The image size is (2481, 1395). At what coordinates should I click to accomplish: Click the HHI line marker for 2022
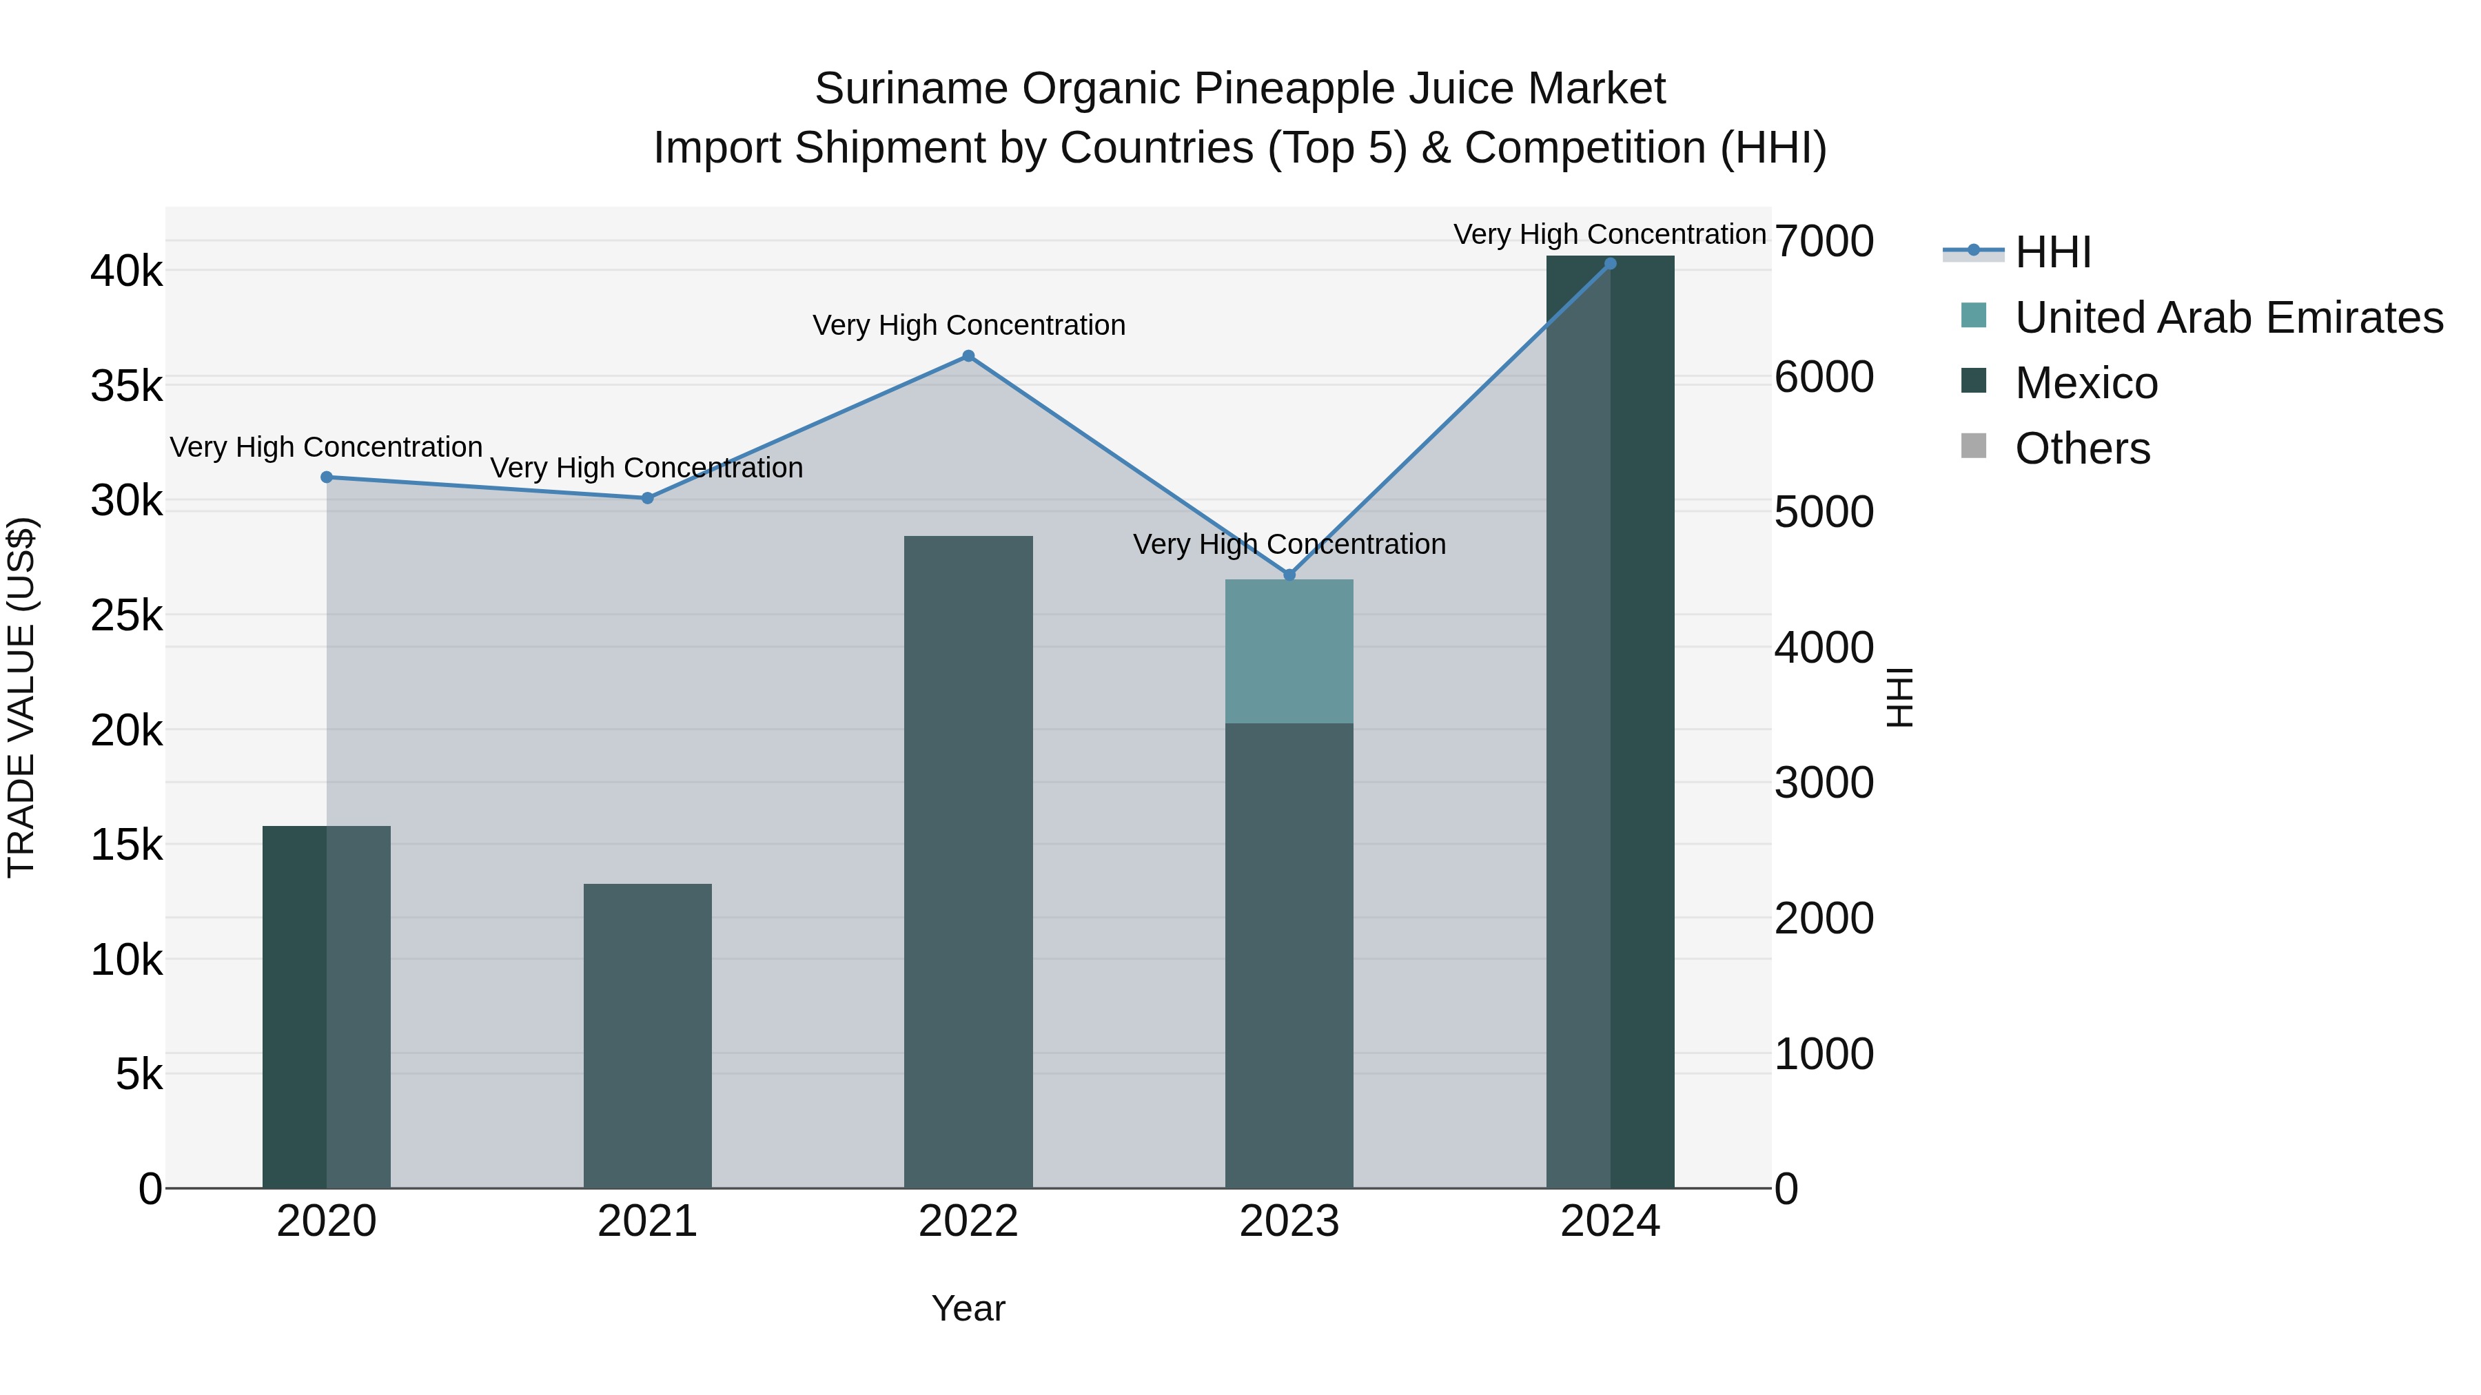pos(968,356)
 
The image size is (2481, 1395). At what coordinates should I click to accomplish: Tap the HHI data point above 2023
pos(1289,575)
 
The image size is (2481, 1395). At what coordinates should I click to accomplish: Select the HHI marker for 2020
pos(327,477)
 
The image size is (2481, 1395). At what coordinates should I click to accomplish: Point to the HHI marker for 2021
pos(647,498)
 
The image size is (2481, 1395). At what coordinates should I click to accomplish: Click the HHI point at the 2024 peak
pos(1611,264)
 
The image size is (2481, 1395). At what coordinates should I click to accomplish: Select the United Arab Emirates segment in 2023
pos(1289,652)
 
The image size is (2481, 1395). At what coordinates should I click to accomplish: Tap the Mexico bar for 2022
pos(968,862)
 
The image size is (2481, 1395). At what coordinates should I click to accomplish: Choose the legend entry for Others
pos(2081,448)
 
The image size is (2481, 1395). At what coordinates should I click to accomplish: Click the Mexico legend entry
pos(2085,383)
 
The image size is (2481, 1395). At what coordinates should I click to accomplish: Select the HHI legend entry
pos(2052,252)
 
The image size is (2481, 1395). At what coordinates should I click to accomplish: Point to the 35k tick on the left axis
pos(127,387)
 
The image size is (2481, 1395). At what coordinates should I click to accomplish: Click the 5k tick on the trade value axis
pos(140,1075)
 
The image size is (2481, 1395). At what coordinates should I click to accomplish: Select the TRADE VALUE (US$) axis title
pos(21,697)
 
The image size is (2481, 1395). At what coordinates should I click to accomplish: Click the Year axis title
pos(968,1308)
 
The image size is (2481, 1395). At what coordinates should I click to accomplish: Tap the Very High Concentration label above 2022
pos(968,325)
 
